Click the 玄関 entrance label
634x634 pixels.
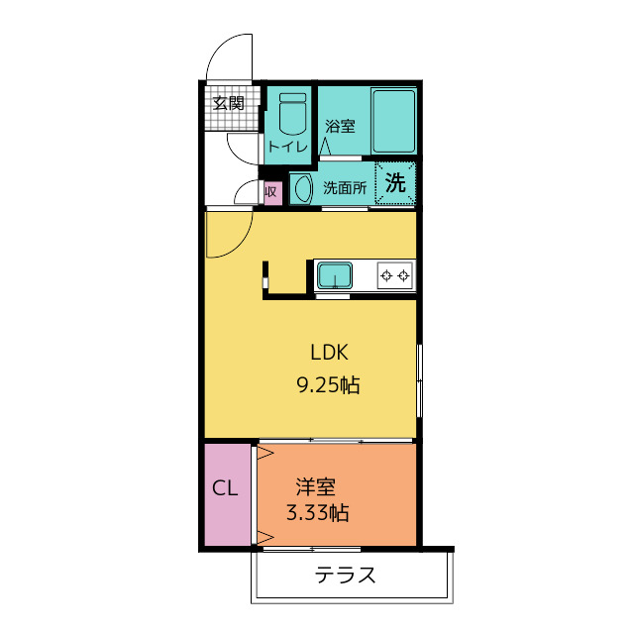coord(229,103)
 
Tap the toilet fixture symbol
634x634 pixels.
coord(293,114)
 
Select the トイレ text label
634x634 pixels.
coord(288,147)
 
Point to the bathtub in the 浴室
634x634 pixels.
coord(393,121)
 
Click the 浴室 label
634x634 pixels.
coord(341,127)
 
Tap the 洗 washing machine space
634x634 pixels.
coord(395,182)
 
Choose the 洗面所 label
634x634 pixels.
coord(345,188)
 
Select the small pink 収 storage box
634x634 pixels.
coord(272,192)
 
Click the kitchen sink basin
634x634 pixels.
coord(335,275)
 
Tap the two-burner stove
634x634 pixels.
coord(395,275)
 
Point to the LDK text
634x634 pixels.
coord(329,353)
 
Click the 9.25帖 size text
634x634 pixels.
coord(328,384)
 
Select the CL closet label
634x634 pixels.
coord(225,488)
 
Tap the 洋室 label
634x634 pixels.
coord(316,486)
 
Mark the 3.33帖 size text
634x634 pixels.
coord(318,513)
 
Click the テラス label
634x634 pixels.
coord(345,575)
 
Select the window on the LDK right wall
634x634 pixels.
coord(420,380)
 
